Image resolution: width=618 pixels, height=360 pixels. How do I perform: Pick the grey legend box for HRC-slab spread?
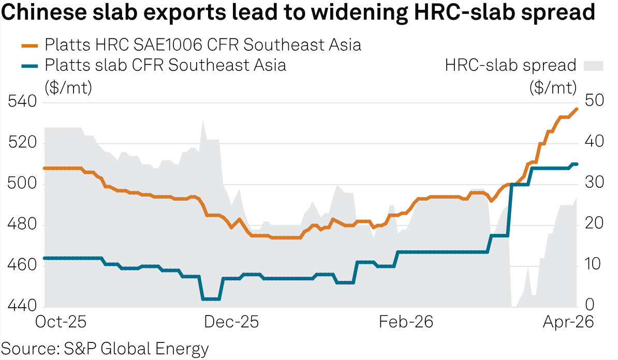[594, 66]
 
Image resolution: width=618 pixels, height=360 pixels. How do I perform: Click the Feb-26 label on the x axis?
[406, 322]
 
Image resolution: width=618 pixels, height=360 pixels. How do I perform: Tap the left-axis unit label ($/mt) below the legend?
[68, 86]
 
